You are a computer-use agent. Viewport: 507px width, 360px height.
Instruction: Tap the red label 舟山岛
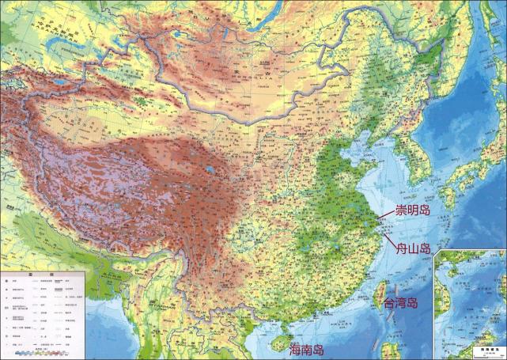tap(414, 248)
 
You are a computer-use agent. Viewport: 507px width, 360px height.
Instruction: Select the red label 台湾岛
tap(400, 304)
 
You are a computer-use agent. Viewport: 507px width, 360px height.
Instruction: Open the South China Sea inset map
tap(471, 305)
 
